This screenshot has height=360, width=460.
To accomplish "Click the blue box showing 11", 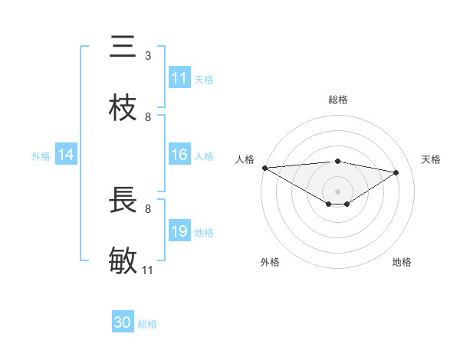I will point(179,78).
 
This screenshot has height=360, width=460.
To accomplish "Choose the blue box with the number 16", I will point(179,155).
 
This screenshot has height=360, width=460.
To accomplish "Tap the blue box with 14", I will point(66,155).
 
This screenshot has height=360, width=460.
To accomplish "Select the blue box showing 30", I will point(123,322).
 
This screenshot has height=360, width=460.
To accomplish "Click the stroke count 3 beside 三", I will point(148,56).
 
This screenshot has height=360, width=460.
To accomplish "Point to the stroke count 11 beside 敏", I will point(148,270).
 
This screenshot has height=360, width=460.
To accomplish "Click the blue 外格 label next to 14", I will point(41,155).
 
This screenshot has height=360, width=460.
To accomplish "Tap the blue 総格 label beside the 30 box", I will point(147,324).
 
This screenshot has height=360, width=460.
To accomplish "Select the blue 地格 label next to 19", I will point(204,232).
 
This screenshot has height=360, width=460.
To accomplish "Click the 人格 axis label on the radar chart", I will point(245,159).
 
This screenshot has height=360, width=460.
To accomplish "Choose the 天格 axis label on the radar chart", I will point(431,159).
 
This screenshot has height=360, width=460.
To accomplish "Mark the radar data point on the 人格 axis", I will point(264,168).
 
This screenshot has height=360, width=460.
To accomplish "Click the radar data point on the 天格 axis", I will point(396,173).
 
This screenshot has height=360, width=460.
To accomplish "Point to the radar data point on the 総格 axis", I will point(337,161).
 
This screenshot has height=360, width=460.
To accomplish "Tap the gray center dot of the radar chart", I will point(337,191).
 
